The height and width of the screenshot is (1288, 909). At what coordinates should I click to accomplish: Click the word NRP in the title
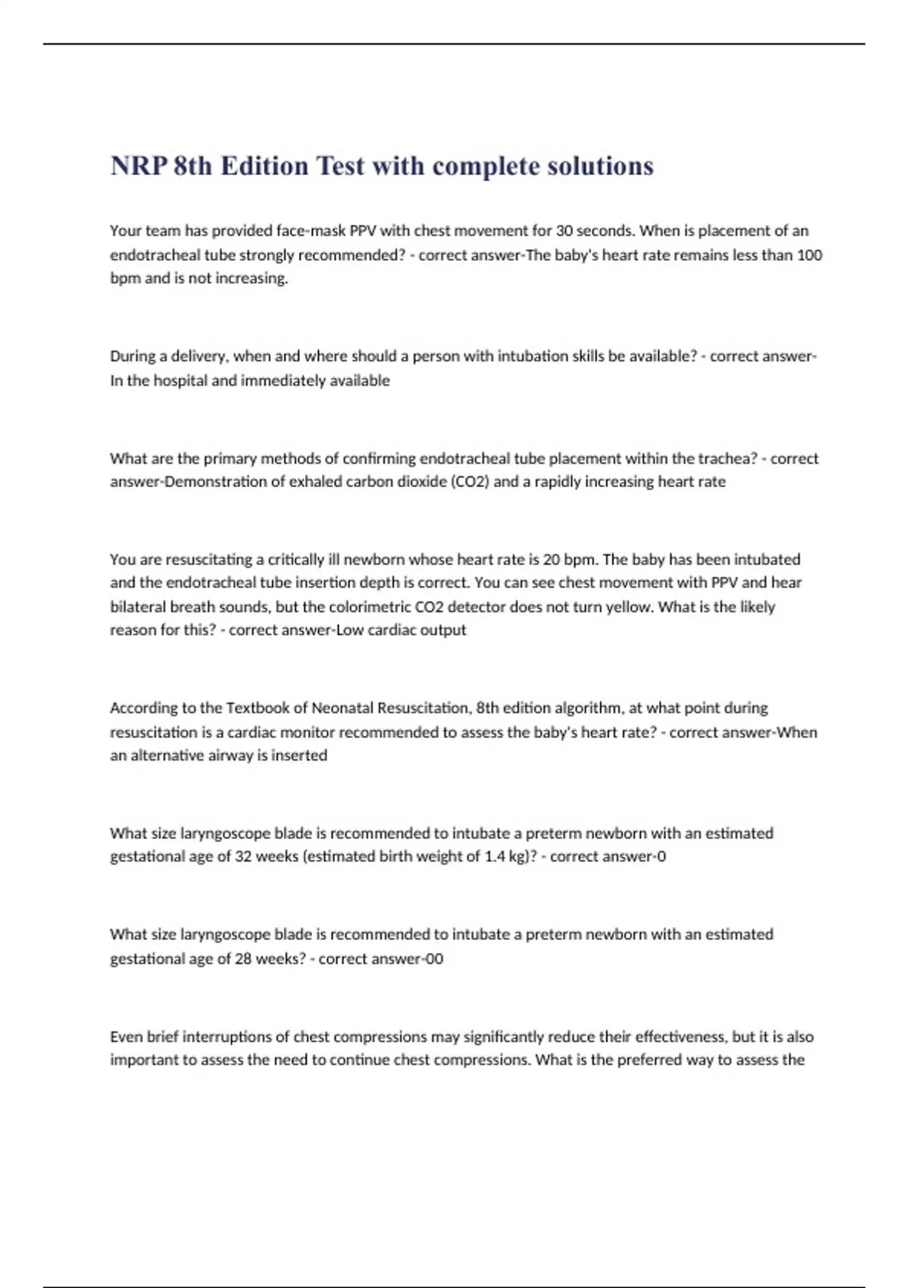[138, 166]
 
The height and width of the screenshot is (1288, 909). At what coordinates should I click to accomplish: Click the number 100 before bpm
[810, 255]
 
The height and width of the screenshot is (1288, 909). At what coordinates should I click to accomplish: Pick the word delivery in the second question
[201, 356]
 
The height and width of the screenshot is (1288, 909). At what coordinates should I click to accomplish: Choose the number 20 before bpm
[551, 559]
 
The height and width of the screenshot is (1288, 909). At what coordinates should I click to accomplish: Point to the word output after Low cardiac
[443, 630]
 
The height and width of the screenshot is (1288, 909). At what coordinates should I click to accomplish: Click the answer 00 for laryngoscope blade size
[434, 958]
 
